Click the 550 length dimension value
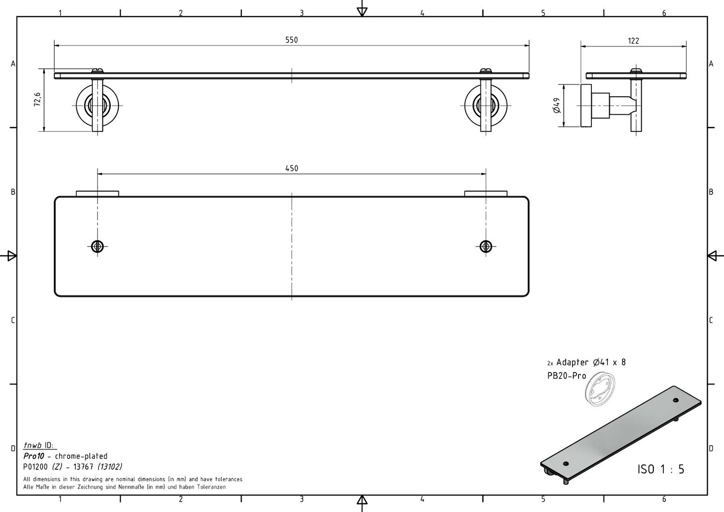[291, 40]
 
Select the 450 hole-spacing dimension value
[291, 168]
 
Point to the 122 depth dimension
[633, 41]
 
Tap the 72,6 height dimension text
[37, 99]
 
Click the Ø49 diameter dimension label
[557, 105]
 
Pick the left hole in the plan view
[97, 247]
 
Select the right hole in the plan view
[486, 247]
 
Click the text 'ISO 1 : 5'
[661, 469]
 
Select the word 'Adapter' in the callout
[572, 363]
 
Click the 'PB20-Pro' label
[567, 376]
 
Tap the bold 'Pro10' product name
[34, 456]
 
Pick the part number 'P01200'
[36, 467]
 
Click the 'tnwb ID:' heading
[39, 445]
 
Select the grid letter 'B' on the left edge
[13, 192]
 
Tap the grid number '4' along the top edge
[422, 13]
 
